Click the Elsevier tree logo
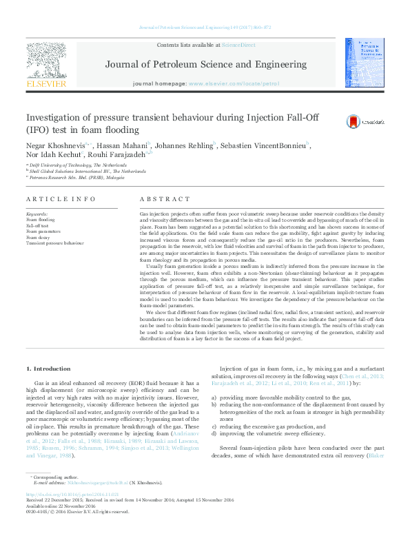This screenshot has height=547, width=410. point(46,62)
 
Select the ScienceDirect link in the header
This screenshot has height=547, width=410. point(238,45)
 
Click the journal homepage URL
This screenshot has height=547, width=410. point(234,83)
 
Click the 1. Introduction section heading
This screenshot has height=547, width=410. point(48,369)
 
